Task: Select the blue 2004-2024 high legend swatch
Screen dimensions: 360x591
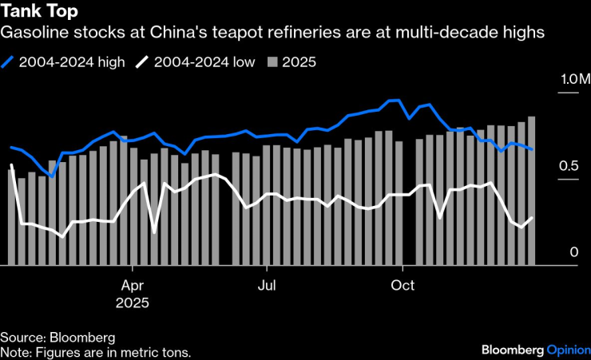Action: (x=9, y=61)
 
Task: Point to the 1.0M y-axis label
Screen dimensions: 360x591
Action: (x=573, y=80)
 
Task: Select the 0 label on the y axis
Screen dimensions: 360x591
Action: (x=573, y=253)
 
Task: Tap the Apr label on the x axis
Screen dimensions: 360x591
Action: (x=133, y=286)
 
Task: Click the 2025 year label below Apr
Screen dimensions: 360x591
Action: (x=133, y=303)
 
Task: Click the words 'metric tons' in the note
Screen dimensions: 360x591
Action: (x=157, y=350)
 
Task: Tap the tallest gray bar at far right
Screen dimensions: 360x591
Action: (x=532, y=192)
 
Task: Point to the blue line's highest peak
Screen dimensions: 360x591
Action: (x=392, y=101)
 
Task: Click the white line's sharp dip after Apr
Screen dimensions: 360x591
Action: (x=154, y=232)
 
